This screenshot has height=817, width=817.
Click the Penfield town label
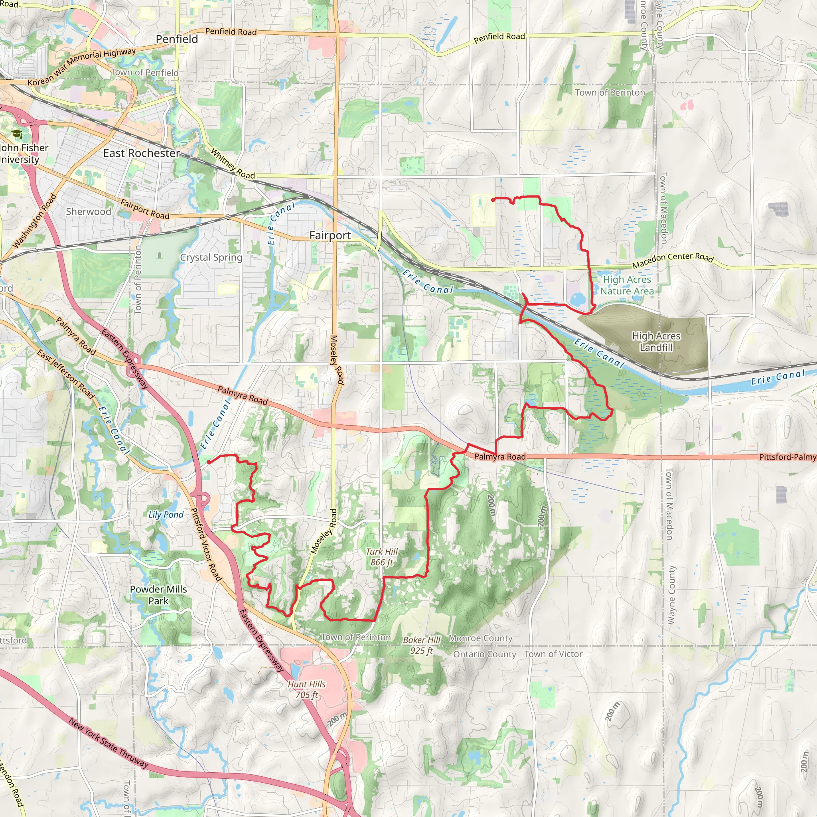pos(177,39)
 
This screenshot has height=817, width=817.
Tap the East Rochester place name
pos(141,153)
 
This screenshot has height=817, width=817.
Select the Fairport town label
pos(330,235)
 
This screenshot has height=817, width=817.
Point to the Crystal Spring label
pos(211,258)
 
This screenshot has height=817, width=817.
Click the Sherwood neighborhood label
pos(89,211)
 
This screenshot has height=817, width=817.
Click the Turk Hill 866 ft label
pos(381,557)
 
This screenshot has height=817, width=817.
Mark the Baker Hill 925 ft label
pos(422,645)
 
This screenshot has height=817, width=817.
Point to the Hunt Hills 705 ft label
pos(307,689)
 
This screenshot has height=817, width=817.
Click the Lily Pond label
pos(166,515)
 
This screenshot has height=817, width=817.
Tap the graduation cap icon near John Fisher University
pos(17,134)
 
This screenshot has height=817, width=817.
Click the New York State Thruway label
pos(108,744)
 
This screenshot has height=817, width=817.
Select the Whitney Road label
pos(233,164)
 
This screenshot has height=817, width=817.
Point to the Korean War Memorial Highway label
pos(82,66)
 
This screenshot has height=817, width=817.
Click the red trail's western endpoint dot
pos(209,462)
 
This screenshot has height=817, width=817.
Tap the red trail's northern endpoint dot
pos(493,199)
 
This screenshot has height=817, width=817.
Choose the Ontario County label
pos(485,654)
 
